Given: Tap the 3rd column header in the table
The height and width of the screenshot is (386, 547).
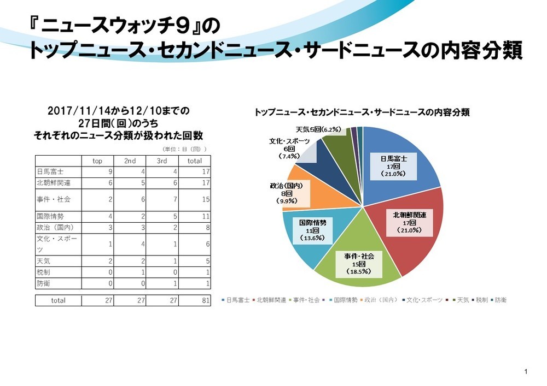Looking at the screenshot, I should click(x=162, y=161).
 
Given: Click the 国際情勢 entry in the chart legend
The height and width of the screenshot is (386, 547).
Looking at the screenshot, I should click(x=345, y=300).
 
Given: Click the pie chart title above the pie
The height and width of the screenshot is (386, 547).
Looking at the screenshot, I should click(x=362, y=113).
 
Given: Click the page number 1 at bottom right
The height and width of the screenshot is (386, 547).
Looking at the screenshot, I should click(x=525, y=372).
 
